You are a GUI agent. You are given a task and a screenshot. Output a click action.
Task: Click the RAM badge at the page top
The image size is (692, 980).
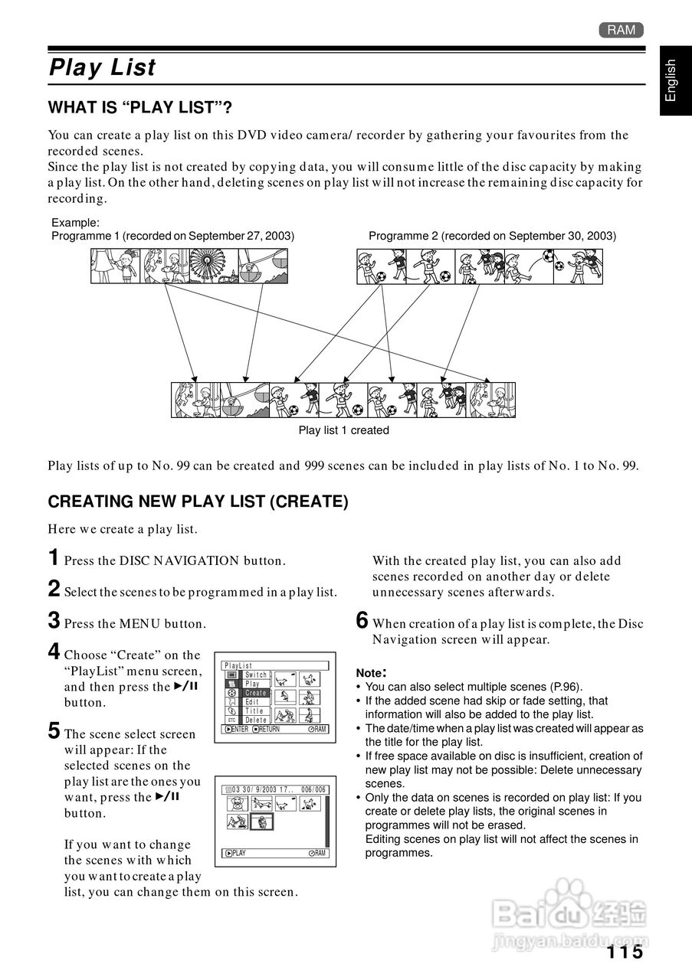tap(621, 30)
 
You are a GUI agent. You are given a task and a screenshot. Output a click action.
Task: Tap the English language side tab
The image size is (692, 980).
tap(671, 80)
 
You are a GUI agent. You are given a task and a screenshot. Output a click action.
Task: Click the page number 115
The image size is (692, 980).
tap(624, 952)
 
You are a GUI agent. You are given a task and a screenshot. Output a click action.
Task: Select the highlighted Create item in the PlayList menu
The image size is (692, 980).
tap(256, 693)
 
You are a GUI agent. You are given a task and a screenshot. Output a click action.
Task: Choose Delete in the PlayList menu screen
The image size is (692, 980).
tap(256, 720)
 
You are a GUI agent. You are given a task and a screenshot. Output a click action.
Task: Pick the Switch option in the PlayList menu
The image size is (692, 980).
tap(257, 675)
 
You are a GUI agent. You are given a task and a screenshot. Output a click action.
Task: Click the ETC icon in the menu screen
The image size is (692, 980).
tap(231, 720)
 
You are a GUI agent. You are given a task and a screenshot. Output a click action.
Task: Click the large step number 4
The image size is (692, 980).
tap(54, 652)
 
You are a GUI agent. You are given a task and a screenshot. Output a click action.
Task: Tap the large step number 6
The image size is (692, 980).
tap(362, 620)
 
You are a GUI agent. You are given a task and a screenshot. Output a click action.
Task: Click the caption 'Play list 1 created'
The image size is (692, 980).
tap(343, 430)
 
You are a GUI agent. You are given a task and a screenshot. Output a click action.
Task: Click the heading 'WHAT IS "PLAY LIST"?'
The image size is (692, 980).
tap(140, 108)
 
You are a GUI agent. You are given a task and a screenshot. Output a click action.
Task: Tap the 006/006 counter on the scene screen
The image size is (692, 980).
tap(313, 789)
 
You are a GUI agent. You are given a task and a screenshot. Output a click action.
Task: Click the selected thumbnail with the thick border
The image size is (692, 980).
tap(262, 822)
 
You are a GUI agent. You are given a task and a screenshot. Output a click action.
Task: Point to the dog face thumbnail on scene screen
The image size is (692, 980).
tap(238, 805)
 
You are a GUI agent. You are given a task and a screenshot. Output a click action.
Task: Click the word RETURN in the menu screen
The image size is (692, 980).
tap(269, 730)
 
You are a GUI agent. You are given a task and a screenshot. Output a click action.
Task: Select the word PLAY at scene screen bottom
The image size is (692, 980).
tap(239, 854)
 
